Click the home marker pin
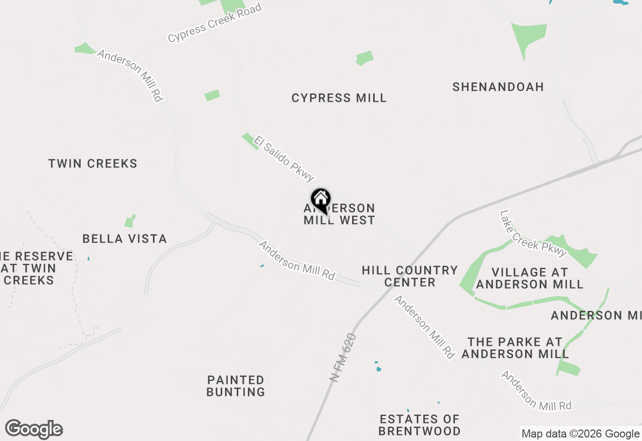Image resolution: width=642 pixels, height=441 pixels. [320, 199]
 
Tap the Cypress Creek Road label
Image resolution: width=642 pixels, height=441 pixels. [215, 23]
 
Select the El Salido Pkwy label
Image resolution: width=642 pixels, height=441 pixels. [284, 158]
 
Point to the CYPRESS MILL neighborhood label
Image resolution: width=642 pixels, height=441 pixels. [339, 98]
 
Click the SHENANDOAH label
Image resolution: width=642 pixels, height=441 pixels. [498, 87]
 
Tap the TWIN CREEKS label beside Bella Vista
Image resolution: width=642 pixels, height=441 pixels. [93, 163]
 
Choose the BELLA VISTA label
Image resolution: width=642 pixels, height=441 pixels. [124, 239]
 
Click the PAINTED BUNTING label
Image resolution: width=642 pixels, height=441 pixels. [236, 386]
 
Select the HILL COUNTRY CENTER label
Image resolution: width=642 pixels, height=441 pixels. [410, 276]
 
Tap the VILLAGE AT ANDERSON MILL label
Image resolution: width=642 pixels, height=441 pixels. [530, 278]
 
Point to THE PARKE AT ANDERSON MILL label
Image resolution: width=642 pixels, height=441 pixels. [515, 348]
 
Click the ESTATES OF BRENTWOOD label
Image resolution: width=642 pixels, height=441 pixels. [419, 425]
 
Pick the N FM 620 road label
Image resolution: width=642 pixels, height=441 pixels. [343, 358]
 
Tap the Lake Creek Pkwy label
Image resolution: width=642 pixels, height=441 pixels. [533, 233]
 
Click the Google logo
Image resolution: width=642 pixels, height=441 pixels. [34, 429]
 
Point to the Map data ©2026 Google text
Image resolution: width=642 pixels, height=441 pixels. [580, 434]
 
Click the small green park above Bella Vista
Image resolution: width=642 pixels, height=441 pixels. [130, 221]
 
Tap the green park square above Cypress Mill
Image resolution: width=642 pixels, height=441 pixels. [365, 58]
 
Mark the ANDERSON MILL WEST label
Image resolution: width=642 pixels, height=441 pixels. [340, 214]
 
